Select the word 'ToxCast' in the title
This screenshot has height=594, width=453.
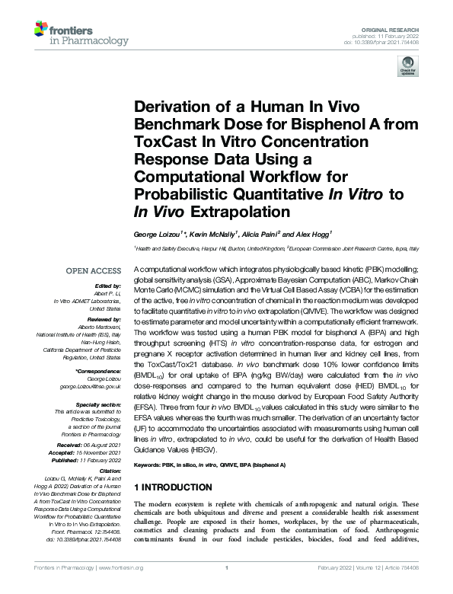point(166,141)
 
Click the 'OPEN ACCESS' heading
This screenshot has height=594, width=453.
point(93,270)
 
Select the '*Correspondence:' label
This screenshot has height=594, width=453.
point(100,370)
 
